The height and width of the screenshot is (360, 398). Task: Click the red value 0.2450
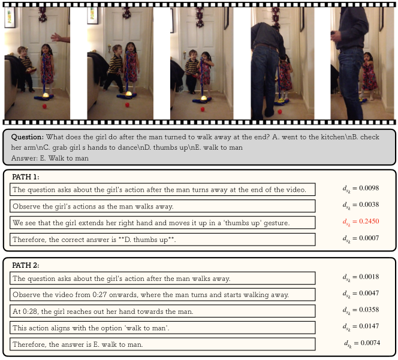click(x=369, y=221)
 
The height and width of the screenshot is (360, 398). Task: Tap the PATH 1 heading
click(x=26, y=177)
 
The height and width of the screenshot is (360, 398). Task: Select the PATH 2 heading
click(x=26, y=265)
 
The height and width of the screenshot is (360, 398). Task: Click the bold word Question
click(x=28, y=137)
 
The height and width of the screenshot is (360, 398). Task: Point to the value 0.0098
click(x=369, y=188)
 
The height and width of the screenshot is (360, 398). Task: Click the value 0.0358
click(x=369, y=310)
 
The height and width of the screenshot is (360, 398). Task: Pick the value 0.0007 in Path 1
click(x=369, y=238)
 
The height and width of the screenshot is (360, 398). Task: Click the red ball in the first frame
click(x=45, y=106)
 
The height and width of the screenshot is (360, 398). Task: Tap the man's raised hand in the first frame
click(x=56, y=38)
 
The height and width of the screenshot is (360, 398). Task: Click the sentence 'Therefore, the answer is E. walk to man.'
click(x=78, y=344)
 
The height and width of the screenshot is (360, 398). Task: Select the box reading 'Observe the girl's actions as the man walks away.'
click(x=162, y=206)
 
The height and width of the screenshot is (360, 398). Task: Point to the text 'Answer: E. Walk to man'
click(x=50, y=158)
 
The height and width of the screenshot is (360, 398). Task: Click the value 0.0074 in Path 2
click(x=370, y=343)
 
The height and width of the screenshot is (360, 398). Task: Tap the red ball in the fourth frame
click(x=280, y=111)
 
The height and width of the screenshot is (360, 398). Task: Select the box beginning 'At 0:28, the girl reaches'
click(x=162, y=311)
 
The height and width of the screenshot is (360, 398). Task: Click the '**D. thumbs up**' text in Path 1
click(x=147, y=240)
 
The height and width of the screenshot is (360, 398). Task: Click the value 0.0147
click(x=369, y=326)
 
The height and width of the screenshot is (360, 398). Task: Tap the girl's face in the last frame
click(x=368, y=58)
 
